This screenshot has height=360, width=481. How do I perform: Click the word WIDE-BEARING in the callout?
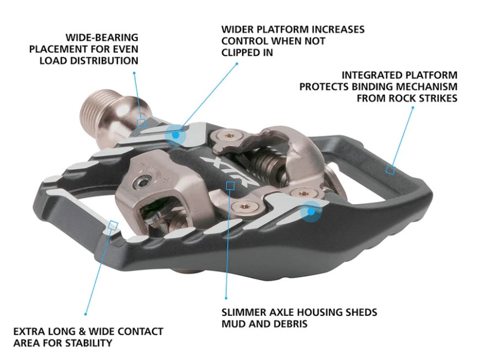pyautogui.click(x=101, y=37)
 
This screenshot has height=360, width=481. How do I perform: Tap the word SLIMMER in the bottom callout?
pyautogui.click(x=241, y=312)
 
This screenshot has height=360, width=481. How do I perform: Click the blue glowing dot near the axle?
pyautogui.click(x=176, y=133)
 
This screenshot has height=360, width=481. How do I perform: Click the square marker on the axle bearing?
pyautogui.click(x=141, y=123)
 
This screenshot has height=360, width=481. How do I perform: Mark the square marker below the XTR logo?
pyautogui.click(x=229, y=186)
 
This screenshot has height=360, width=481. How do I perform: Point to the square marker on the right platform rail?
pyautogui.click(x=389, y=170)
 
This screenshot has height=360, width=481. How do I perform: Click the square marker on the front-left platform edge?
pyautogui.click(x=114, y=225)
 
